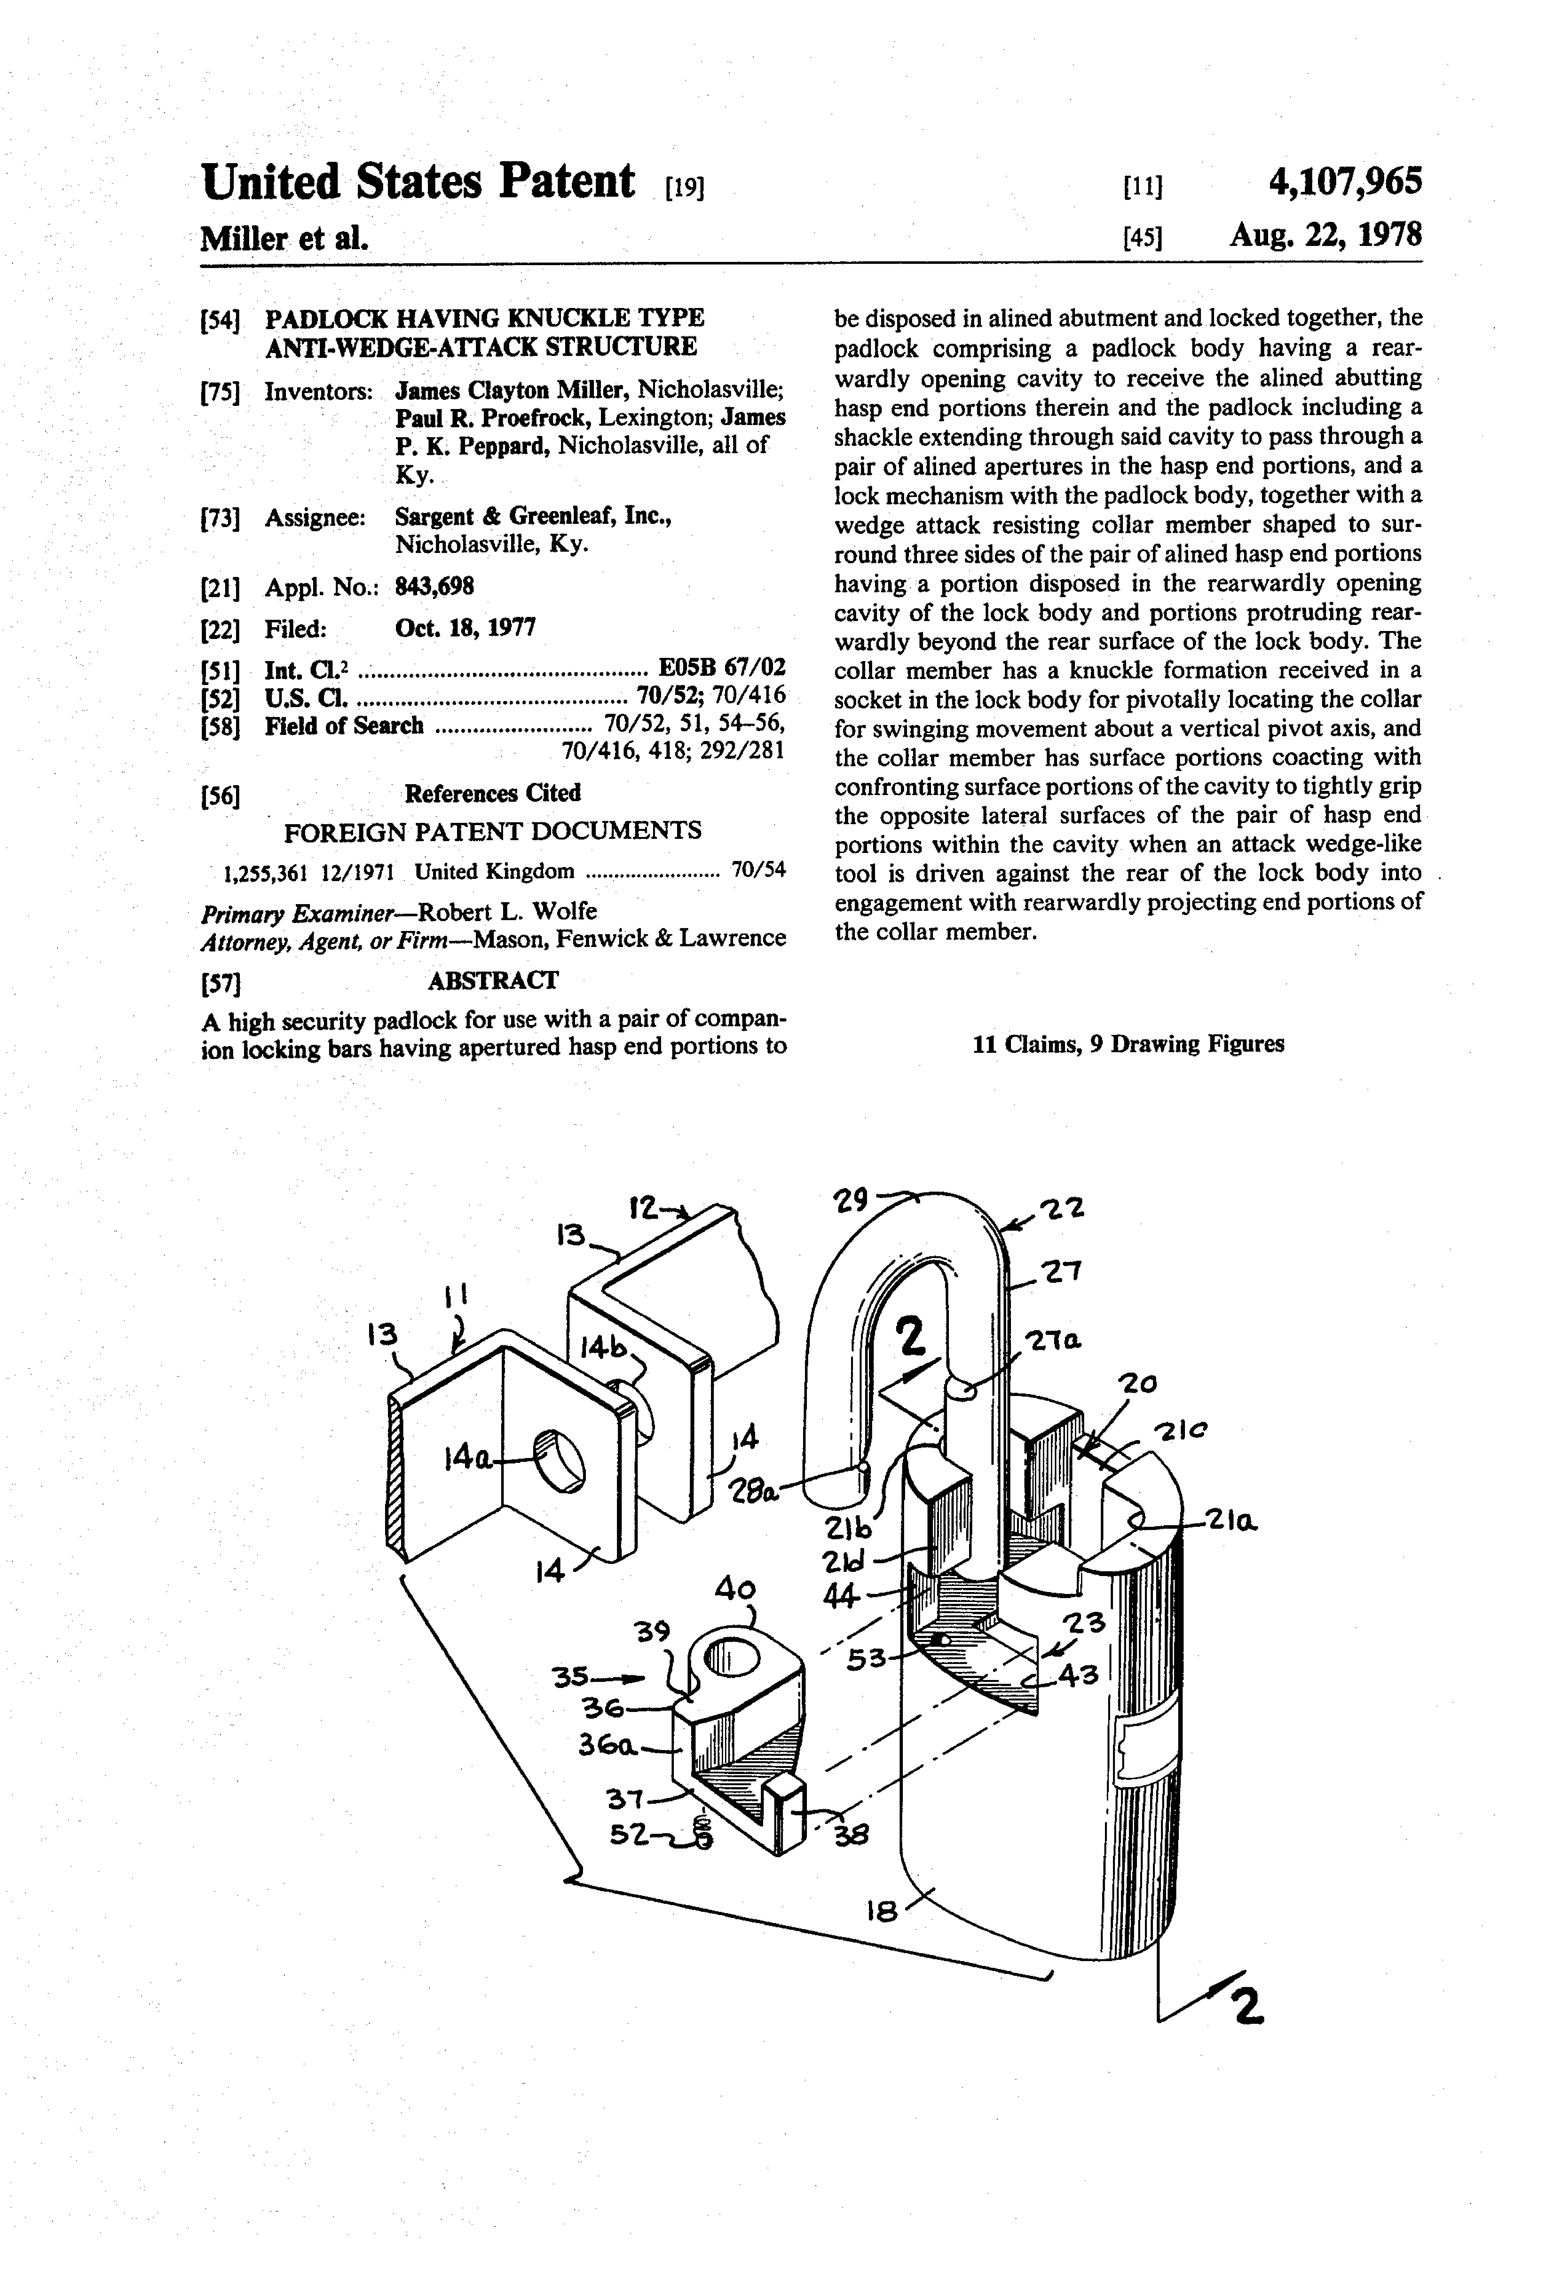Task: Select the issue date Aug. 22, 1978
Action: pos(1325,235)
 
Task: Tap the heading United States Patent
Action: pos(417,183)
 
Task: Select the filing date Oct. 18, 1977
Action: pos(465,627)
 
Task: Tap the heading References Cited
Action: pos(493,792)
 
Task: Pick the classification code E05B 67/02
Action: pos(722,668)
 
